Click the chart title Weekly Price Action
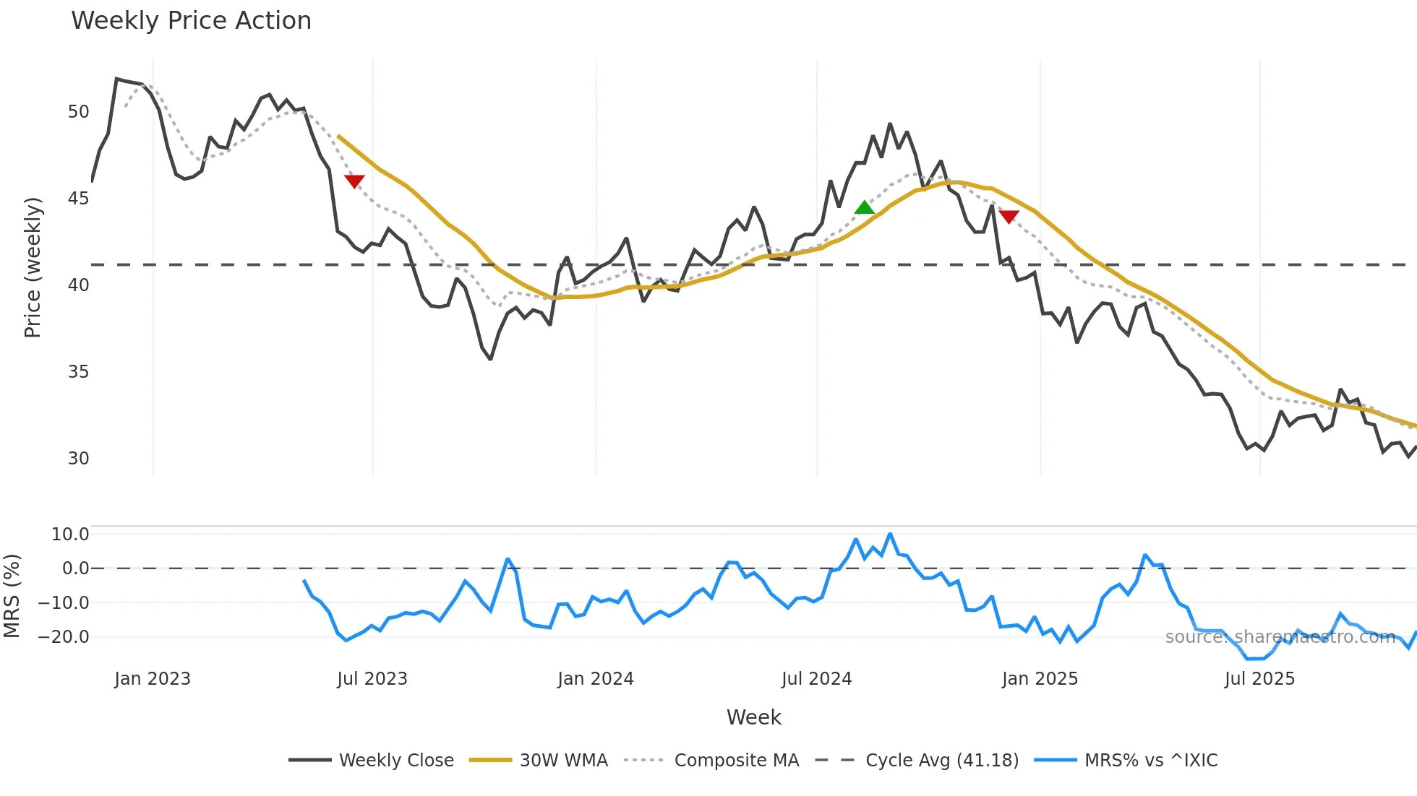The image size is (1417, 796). click(191, 21)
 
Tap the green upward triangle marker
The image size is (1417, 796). click(865, 208)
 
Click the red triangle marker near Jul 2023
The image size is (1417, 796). click(354, 181)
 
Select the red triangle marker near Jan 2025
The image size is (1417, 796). click(1009, 216)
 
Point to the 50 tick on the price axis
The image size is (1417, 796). click(78, 112)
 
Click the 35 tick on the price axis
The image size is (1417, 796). click(78, 372)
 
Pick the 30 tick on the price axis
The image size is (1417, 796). click(78, 459)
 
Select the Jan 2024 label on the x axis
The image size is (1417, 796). click(595, 679)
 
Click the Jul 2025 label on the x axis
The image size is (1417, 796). click(1259, 679)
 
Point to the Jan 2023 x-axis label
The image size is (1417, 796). click(153, 679)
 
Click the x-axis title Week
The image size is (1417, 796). click(753, 717)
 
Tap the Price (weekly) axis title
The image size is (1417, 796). click(33, 267)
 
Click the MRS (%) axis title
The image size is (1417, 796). click(12, 596)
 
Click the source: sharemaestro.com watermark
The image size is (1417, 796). click(1280, 637)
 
